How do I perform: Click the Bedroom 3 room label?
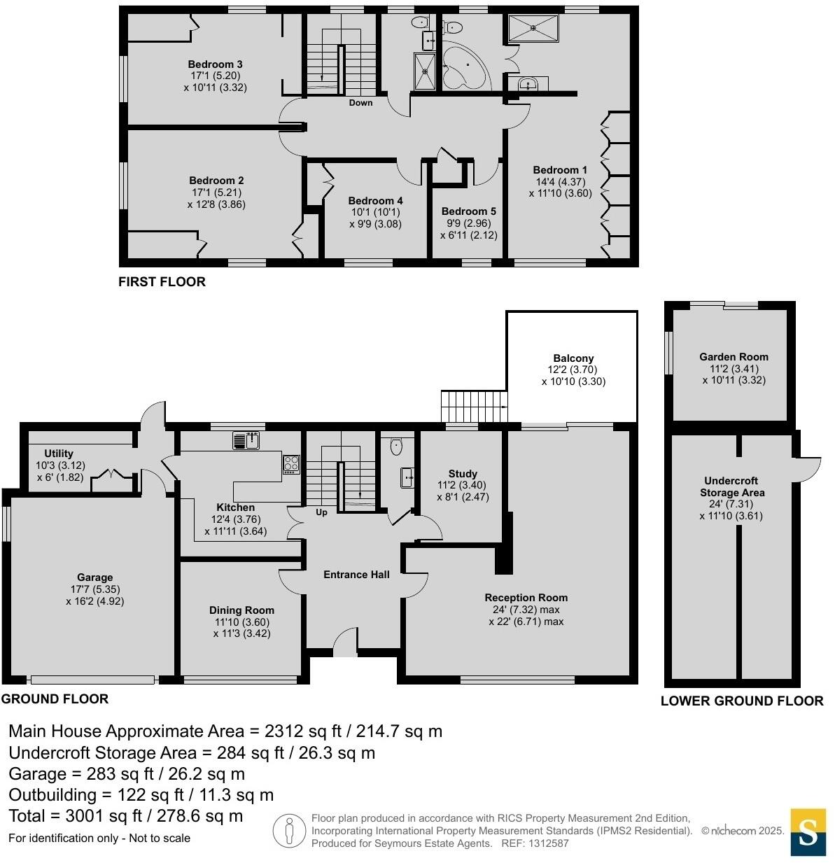click(x=215, y=65)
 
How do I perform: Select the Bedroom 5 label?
click(x=468, y=211)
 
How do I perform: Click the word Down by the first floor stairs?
click(x=360, y=103)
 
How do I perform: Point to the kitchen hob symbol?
click(x=291, y=464)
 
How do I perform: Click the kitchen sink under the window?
click(x=247, y=441)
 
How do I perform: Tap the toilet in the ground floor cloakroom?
click(x=396, y=445)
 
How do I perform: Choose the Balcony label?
click(x=573, y=358)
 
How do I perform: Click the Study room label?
click(x=463, y=474)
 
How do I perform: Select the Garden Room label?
click(x=734, y=357)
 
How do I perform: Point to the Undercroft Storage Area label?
click(x=732, y=486)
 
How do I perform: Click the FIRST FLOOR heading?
click(x=162, y=282)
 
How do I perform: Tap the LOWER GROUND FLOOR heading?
click(x=742, y=701)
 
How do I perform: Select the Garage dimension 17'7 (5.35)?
click(x=95, y=589)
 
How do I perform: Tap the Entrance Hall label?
click(x=356, y=575)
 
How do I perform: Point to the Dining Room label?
click(x=241, y=610)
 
